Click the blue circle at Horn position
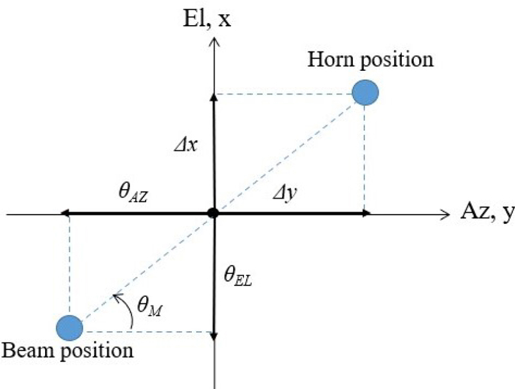point(365,93)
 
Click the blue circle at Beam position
point(70,328)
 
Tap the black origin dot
point(213,213)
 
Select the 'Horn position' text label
point(371,60)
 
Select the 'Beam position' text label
point(68,350)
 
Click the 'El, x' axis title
point(207,19)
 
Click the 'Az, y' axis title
point(487,212)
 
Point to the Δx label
point(186,144)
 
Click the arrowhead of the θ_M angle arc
point(116,297)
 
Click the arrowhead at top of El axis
point(214,38)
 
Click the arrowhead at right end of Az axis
point(449,215)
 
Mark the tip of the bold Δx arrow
point(214,95)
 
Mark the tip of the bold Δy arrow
point(370,213)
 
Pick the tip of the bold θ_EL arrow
point(214,340)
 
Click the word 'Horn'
point(331,59)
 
